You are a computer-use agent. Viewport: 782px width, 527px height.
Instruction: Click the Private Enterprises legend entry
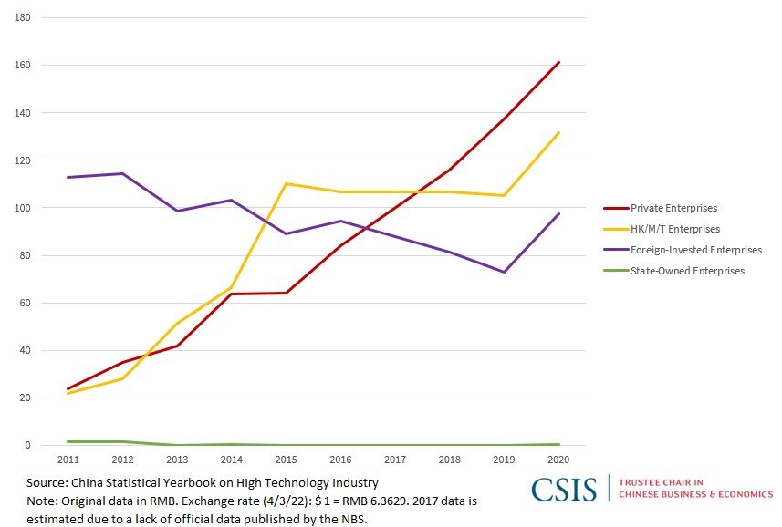[673, 208]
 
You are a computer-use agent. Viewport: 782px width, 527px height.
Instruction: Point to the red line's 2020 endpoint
[558, 62]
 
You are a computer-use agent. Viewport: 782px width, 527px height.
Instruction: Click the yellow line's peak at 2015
[287, 183]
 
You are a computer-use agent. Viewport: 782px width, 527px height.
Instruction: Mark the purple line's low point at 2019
[505, 272]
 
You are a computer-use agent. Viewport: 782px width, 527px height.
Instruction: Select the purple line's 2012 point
[122, 173]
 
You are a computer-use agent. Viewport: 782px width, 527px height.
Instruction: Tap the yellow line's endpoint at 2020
[558, 132]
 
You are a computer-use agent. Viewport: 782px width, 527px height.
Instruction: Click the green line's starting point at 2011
[68, 441]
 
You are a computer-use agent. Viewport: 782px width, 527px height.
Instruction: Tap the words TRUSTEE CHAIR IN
[662, 482]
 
